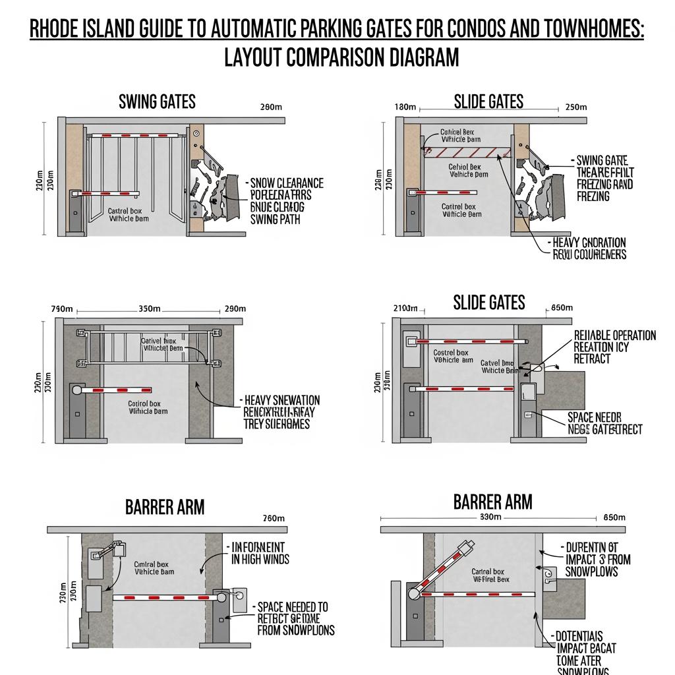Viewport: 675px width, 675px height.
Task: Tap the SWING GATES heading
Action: point(157,102)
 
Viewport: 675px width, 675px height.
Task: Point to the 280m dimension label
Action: point(272,107)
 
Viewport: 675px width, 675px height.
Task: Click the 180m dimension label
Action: point(405,107)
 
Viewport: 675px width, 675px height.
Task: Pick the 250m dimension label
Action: point(576,107)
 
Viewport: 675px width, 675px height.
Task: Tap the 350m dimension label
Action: point(150,308)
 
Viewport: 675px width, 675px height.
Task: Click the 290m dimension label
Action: point(235,308)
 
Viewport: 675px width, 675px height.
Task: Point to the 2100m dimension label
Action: point(406,308)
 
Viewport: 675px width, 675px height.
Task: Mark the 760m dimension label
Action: point(274,519)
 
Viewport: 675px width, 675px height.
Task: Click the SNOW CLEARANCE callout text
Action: point(287,183)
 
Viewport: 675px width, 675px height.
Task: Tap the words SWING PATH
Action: point(275,219)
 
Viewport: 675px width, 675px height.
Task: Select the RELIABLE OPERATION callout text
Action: point(615,336)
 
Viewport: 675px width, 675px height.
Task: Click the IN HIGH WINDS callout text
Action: point(260,559)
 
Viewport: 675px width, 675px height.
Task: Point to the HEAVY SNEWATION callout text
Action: point(282,400)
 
